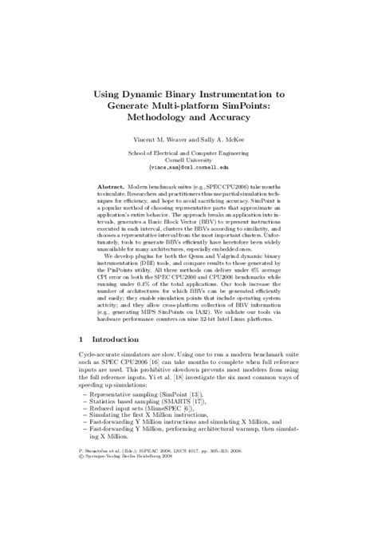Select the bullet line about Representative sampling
pyautogui.click(x=148, y=417)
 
